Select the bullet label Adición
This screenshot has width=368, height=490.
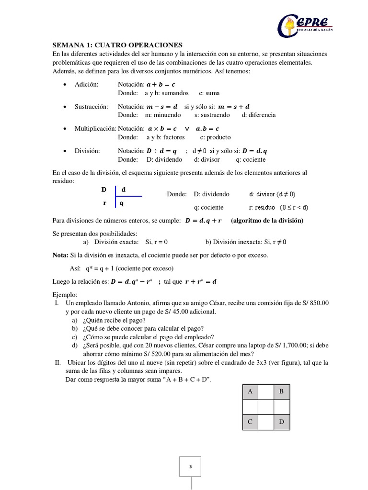click(86, 84)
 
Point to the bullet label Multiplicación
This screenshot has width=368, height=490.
click(95, 129)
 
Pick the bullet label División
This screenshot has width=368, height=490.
click(87, 151)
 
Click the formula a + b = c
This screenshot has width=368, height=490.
click(161, 84)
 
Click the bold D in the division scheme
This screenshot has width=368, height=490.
click(104, 189)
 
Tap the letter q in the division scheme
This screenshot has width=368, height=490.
click(122, 203)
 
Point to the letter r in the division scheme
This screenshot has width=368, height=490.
click(104, 203)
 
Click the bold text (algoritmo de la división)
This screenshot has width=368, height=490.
click(267, 221)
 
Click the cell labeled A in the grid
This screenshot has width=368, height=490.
click(250, 392)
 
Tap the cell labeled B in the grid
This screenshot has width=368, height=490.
click(281, 392)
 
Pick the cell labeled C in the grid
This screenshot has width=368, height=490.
click(250, 423)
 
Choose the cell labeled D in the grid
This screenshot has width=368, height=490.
click(281, 423)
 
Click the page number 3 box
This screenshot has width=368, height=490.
click(190, 467)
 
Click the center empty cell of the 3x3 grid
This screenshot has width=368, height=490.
click(265, 407)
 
